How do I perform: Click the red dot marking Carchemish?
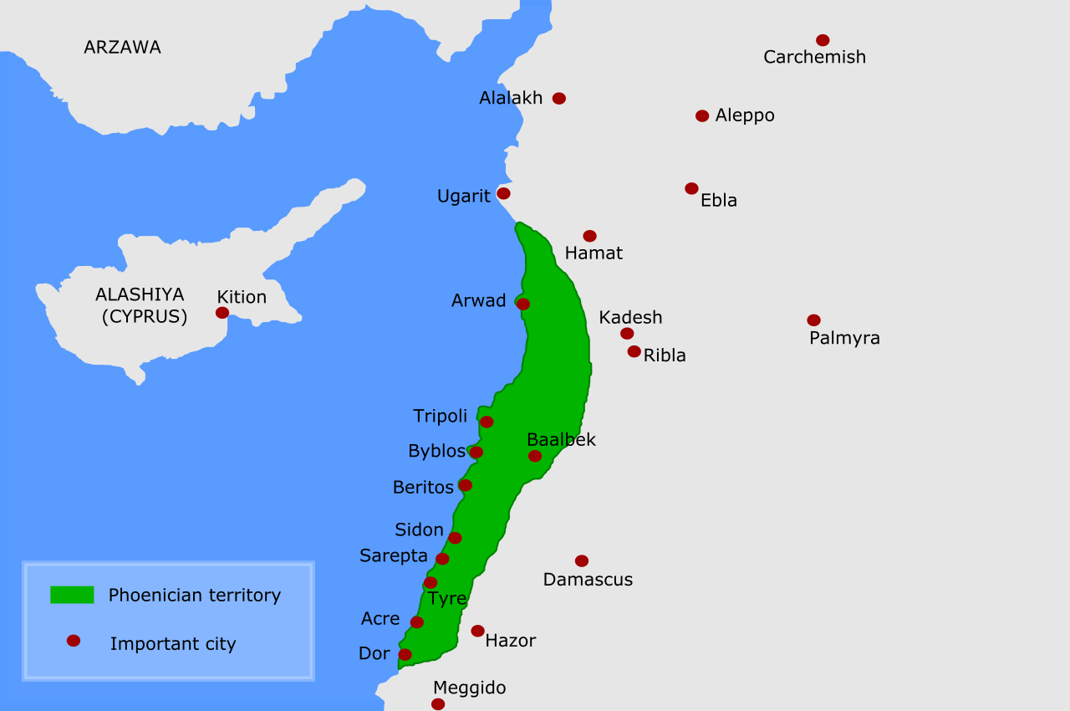tap(823, 40)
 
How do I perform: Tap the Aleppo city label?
tap(745, 115)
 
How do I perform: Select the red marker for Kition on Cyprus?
tap(222, 313)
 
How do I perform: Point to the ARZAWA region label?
tap(122, 48)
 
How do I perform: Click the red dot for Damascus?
tap(582, 560)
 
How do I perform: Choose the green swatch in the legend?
tap(72, 595)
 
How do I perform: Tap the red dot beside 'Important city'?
tap(74, 641)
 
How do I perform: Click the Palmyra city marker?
tap(813, 320)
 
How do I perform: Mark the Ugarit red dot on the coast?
tap(503, 193)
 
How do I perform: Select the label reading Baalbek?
tap(561, 440)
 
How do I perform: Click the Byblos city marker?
tap(476, 452)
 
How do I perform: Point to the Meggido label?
tap(469, 688)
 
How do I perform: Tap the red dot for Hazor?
tap(477, 631)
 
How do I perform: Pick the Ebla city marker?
tap(691, 188)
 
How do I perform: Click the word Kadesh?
tap(630, 318)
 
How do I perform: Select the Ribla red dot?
tap(634, 351)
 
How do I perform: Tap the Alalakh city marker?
tap(559, 98)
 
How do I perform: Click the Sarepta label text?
tap(394, 556)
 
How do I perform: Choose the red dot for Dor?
tap(405, 654)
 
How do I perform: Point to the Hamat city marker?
tap(589, 236)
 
